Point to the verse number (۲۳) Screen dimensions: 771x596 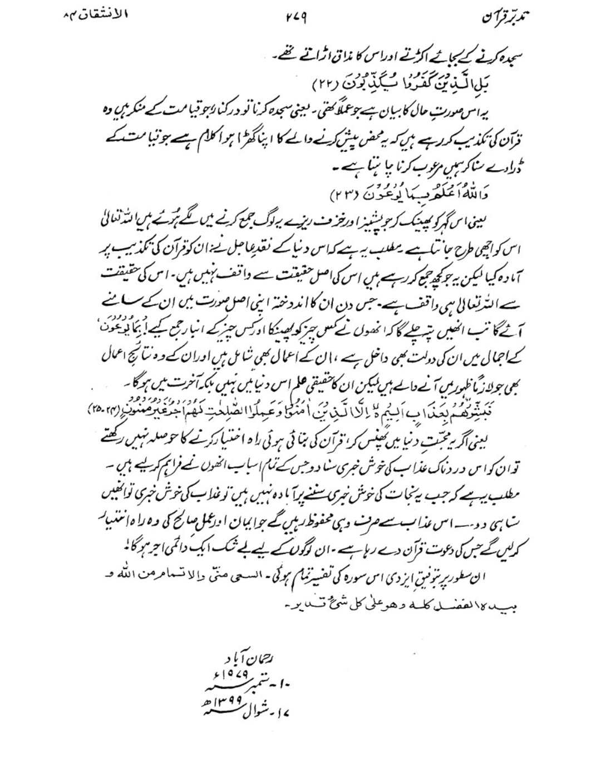(x=344, y=195)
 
